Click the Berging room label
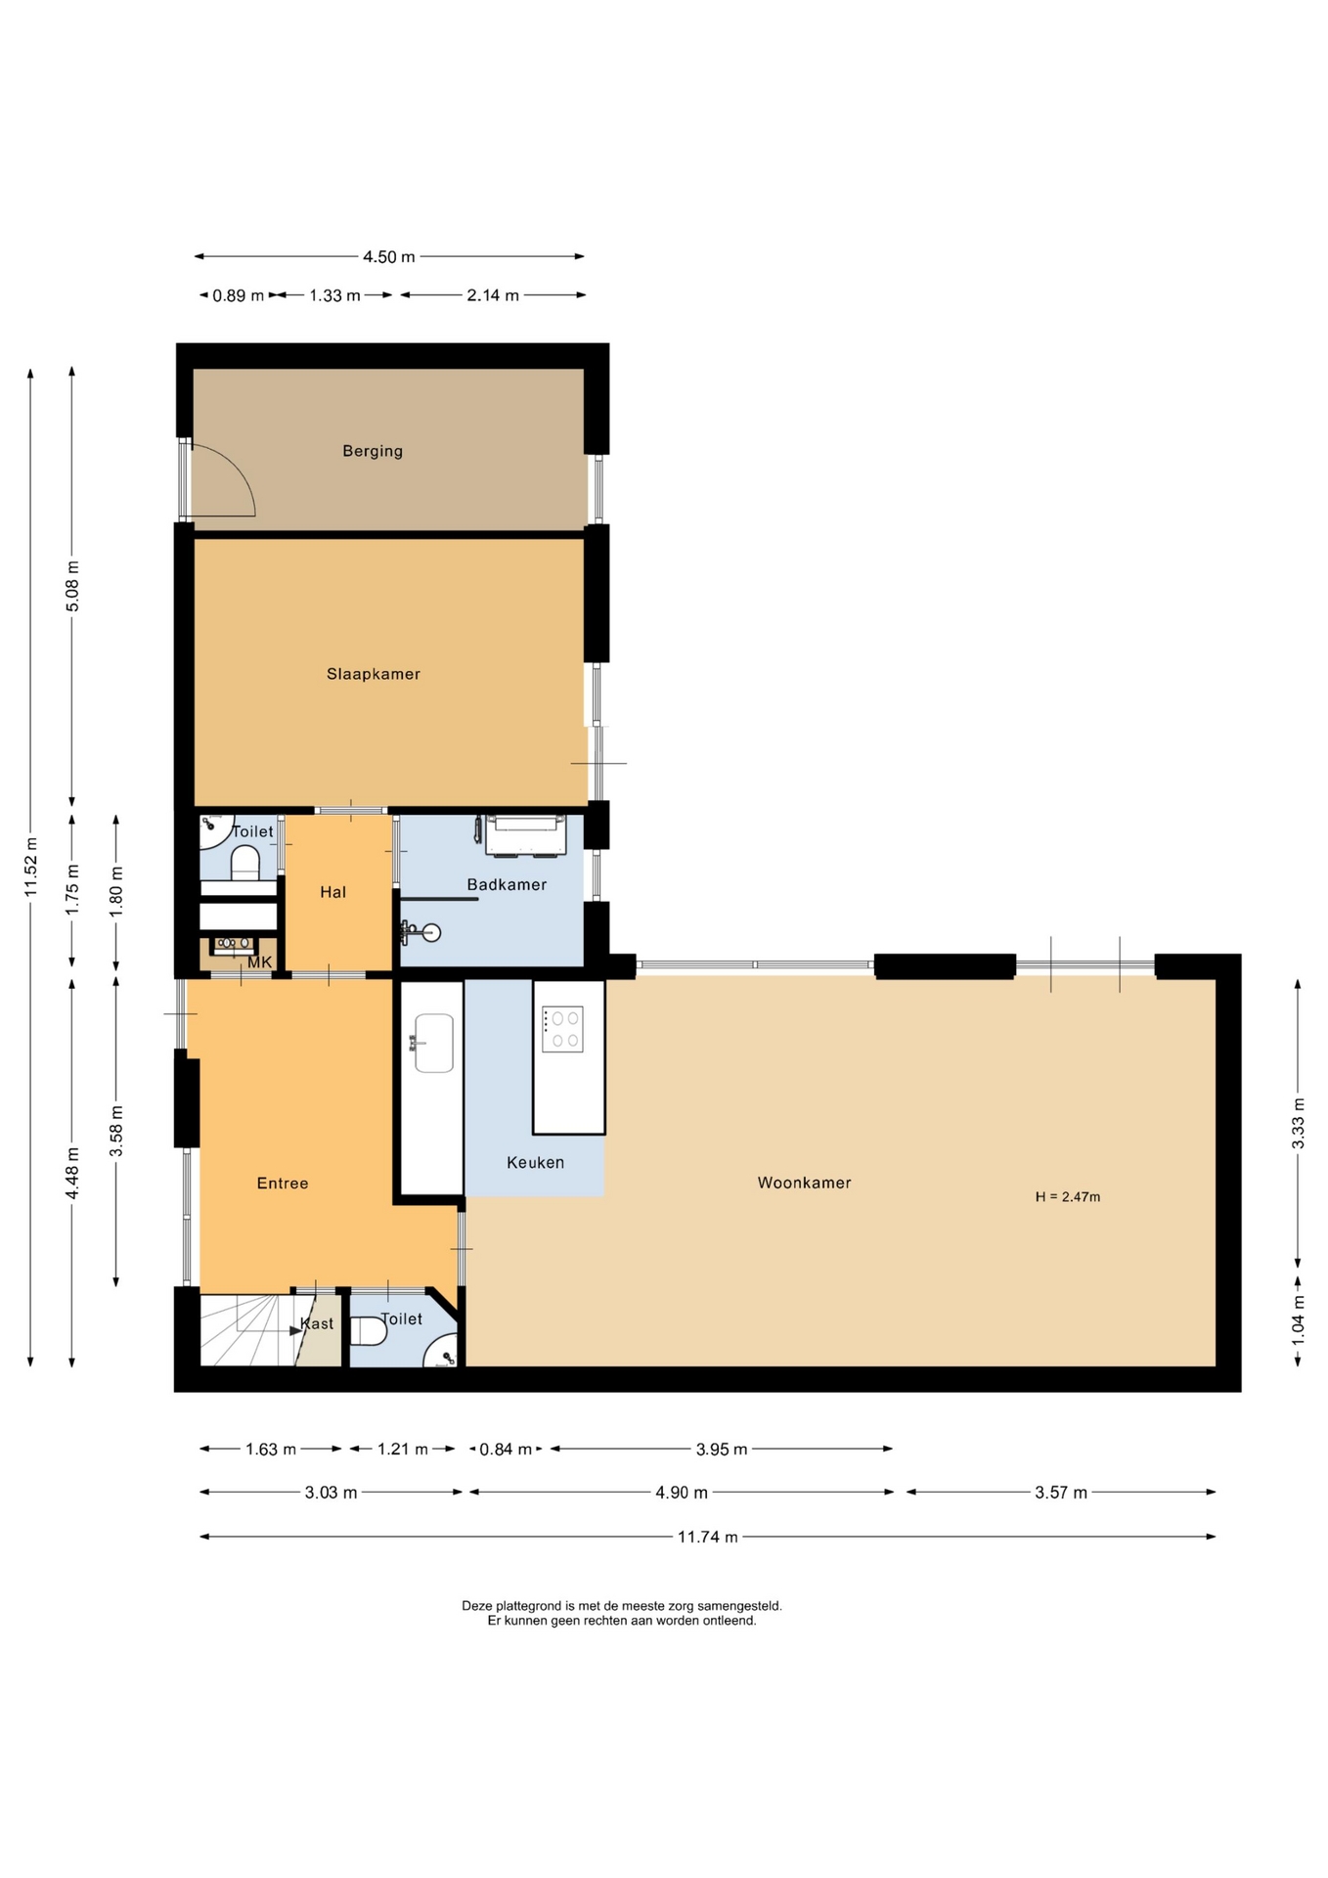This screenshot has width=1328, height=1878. click(x=373, y=451)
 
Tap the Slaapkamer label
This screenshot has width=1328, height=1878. click(x=374, y=674)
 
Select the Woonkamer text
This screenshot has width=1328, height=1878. click(x=804, y=1183)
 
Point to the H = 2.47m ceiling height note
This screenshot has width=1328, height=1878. click(x=1068, y=1196)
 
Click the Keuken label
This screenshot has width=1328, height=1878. click(x=535, y=1162)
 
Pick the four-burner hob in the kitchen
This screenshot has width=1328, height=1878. click(x=563, y=1029)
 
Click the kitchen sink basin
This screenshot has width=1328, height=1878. click(x=434, y=1043)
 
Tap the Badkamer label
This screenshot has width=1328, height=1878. click(x=507, y=884)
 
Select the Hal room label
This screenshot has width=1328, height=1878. click(x=333, y=892)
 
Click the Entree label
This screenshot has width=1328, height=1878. click(x=283, y=1184)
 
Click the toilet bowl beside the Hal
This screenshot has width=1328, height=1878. click(x=245, y=863)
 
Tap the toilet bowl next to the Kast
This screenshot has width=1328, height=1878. click(x=370, y=1331)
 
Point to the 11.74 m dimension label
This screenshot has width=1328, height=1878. click(x=707, y=1537)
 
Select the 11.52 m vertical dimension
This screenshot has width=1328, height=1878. click(x=31, y=867)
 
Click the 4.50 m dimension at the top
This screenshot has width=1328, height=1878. click(x=389, y=257)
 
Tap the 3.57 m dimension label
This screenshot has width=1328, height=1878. click(x=1061, y=1493)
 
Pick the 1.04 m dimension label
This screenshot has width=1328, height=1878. click(x=1299, y=1319)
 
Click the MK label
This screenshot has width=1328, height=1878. click(x=260, y=962)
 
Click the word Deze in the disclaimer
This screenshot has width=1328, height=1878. click(x=476, y=1606)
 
